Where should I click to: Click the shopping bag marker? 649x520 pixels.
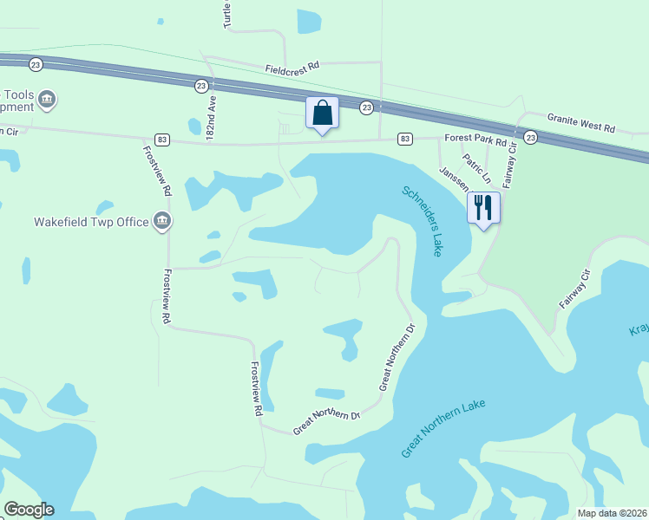(x=322, y=114)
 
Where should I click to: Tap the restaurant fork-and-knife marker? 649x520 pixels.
(x=483, y=208)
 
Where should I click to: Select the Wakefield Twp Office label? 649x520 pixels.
(x=91, y=222)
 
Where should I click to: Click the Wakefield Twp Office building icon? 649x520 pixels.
(x=161, y=222)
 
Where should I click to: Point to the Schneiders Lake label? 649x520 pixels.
(x=422, y=220)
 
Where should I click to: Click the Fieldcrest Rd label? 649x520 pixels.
(x=292, y=66)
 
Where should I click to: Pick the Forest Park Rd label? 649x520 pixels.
(x=475, y=138)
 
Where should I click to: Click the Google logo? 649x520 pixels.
(x=29, y=510)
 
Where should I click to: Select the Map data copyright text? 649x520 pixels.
(x=612, y=513)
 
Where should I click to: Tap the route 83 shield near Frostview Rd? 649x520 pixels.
(x=161, y=139)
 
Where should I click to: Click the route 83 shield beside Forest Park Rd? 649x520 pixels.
(x=405, y=139)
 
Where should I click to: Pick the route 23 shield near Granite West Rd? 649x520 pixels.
(x=531, y=138)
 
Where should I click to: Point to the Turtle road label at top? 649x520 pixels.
(x=227, y=14)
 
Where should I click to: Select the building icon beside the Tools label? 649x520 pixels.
(x=47, y=99)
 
